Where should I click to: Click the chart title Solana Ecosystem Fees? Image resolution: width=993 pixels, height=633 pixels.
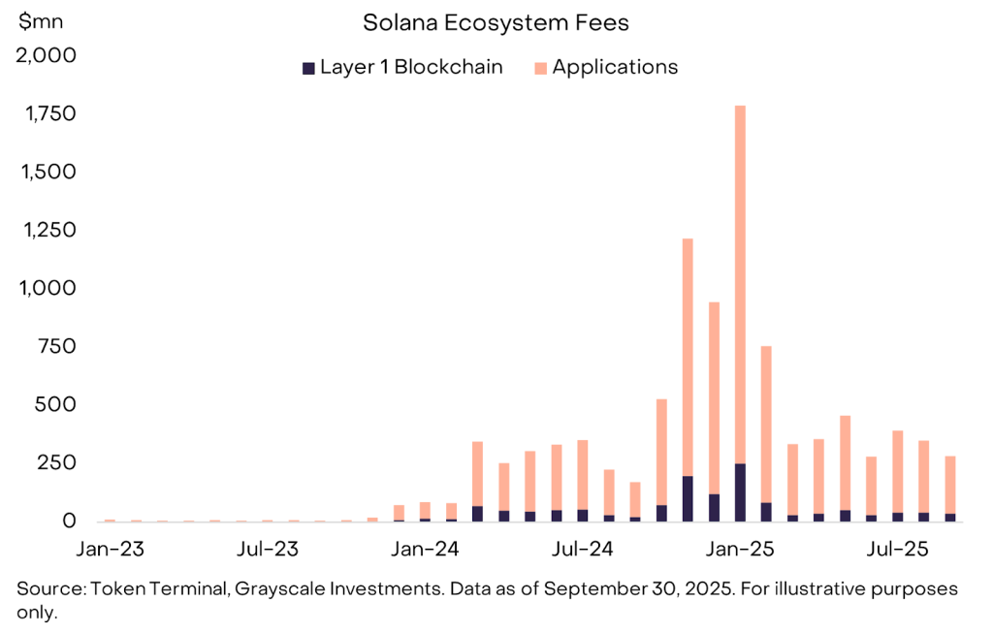pyautogui.click(x=496, y=21)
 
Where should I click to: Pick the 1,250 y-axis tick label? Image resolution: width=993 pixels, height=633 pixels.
pyautogui.click(x=48, y=230)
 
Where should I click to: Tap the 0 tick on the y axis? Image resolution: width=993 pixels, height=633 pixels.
pyautogui.click(x=69, y=521)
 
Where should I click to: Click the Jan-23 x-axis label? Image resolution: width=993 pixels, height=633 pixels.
pyautogui.click(x=110, y=550)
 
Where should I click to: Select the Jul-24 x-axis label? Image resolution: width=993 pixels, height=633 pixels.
pyautogui.click(x=581, y=550)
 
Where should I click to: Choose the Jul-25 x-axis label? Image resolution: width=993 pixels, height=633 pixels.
pyautogui.click(x=897, y=550)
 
